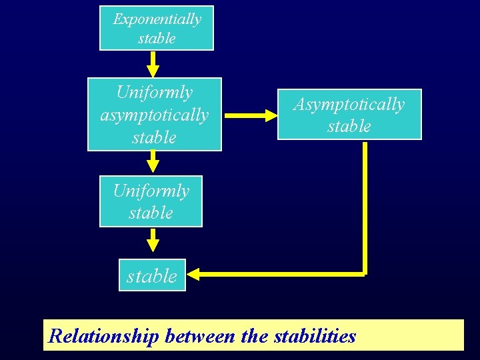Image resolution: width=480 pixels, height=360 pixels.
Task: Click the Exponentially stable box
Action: click(156, 28)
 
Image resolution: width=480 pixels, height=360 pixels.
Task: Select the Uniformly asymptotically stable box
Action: click(154, 115)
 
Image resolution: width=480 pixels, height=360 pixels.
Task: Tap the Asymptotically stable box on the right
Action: click(349, 115)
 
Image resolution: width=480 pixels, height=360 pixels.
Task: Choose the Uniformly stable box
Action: click(151, 201)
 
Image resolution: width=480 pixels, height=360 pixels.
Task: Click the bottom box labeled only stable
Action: click(152, 276)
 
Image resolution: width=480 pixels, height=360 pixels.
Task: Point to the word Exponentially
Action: click(157, 19)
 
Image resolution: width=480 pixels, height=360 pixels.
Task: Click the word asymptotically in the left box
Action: click(154, 115)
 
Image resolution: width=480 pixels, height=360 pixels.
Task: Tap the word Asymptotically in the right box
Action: click(349, 105)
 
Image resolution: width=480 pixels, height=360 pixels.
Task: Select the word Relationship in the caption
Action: click(103, 336)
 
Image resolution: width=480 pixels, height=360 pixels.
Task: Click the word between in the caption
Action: click(199, 336)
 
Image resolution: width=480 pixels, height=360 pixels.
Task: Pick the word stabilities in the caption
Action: click(315, 336)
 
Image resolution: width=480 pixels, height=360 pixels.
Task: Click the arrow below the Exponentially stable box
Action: click(153, 64)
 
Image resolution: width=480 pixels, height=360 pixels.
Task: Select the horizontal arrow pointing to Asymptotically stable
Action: click(251, 115)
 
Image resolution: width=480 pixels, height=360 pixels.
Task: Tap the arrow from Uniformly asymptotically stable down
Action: click(153, 161)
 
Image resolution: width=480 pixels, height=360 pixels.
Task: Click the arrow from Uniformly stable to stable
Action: click(153, 239)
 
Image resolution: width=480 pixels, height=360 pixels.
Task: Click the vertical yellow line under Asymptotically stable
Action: click(365, 207)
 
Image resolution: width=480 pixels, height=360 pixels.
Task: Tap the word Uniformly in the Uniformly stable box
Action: click(151, 191)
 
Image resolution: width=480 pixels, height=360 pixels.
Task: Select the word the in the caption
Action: click(254, 336)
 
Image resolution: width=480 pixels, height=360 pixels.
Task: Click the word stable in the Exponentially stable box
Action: click(157, 38)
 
